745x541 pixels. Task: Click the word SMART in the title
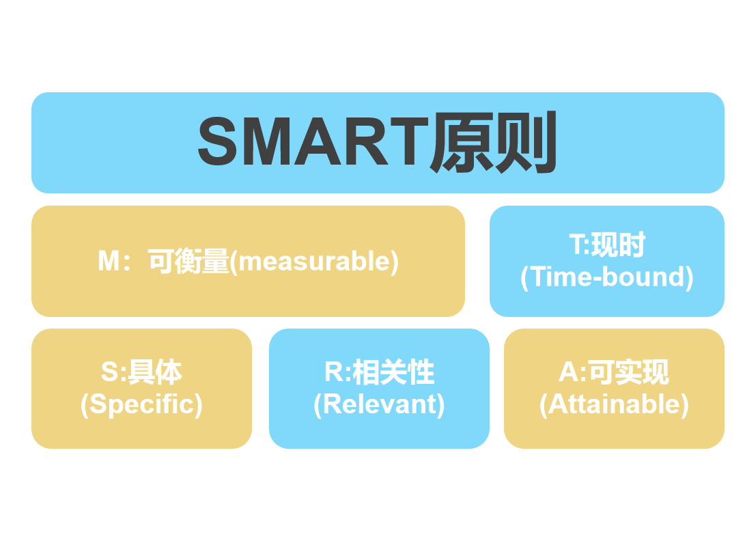click(313, 141)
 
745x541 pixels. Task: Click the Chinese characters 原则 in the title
click(493, 141)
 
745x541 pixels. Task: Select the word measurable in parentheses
click(314, 262)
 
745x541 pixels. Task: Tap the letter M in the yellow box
click(109, 261)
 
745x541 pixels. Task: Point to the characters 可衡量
click(189, 261)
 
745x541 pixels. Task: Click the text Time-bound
click(607, 277)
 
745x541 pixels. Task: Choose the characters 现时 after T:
click(618, 245)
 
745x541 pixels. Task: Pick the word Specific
click(141, 404)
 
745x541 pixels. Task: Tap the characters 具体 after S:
click(156, 372)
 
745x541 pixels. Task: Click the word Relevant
click(379, 404)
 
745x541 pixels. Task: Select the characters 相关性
click(394, 372)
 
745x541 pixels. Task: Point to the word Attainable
click(614, 404)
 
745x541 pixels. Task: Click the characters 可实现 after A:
click(629, 372)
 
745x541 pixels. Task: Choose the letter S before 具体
click(109, 372)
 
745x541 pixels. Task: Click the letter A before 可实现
click(569, 372)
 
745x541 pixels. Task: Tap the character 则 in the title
click(526, 141)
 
